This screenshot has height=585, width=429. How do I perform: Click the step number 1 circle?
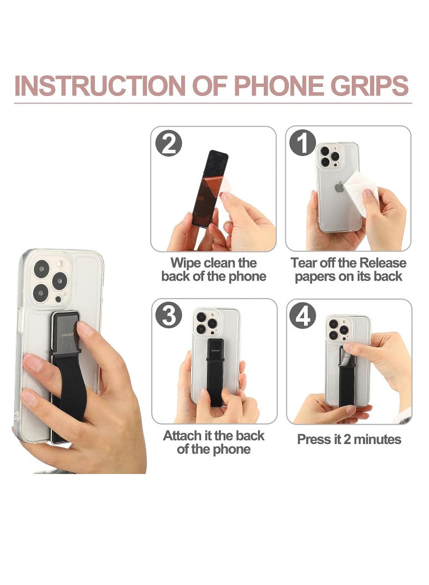pyautogui.click(x=302, y=144)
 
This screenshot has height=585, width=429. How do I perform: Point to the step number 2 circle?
pyautogui.click(x=169, y=144)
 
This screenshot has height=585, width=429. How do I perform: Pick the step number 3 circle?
pyautogui.click(x=169, y=315)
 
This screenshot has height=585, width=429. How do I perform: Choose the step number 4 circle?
pyautogui.click(x=302, y=315)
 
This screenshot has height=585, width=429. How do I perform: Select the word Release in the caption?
pyautogui.click(x=383, y=263)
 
